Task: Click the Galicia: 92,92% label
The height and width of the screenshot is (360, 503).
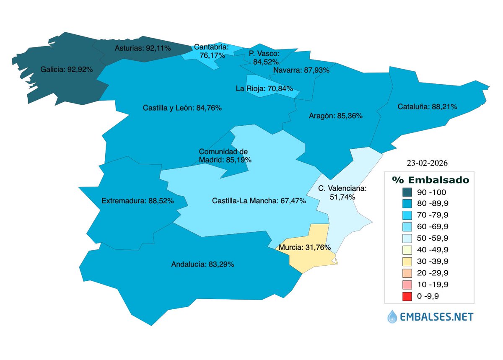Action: point(67,69)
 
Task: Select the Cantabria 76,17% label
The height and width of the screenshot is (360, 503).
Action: point(211,51)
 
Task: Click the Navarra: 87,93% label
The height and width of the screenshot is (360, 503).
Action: point(301,70)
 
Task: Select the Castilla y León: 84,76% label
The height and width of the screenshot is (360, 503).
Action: point(182,108)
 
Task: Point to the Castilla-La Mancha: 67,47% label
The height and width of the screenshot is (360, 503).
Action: point(259,201)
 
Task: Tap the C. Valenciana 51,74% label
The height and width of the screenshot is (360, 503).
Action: point(342,192)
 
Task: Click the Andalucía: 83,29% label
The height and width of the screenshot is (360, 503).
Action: point(202,264)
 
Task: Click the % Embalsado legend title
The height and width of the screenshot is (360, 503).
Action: point(430,180)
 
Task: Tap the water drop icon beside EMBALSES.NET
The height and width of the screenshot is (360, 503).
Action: point(392,316)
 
